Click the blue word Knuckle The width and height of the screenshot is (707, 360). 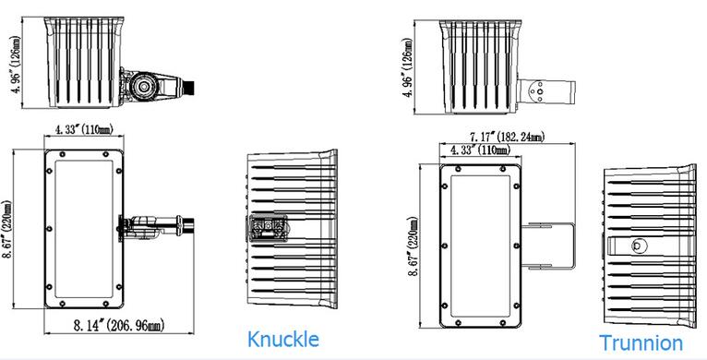tap(283, 339)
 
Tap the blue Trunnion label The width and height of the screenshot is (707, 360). tap(641, 342)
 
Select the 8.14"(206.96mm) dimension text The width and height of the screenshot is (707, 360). tap(119, 325)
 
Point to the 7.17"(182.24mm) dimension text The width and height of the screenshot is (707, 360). tap(508, 137)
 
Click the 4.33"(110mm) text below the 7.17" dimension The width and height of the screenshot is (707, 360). tap(481, 150)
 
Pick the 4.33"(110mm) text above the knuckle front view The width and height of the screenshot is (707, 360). tap(84, 129)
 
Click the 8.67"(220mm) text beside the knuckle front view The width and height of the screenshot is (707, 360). tap(8, 230)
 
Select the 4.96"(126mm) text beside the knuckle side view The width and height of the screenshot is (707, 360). tap(18, 63)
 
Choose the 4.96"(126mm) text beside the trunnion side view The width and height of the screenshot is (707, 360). tap(408, 66)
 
